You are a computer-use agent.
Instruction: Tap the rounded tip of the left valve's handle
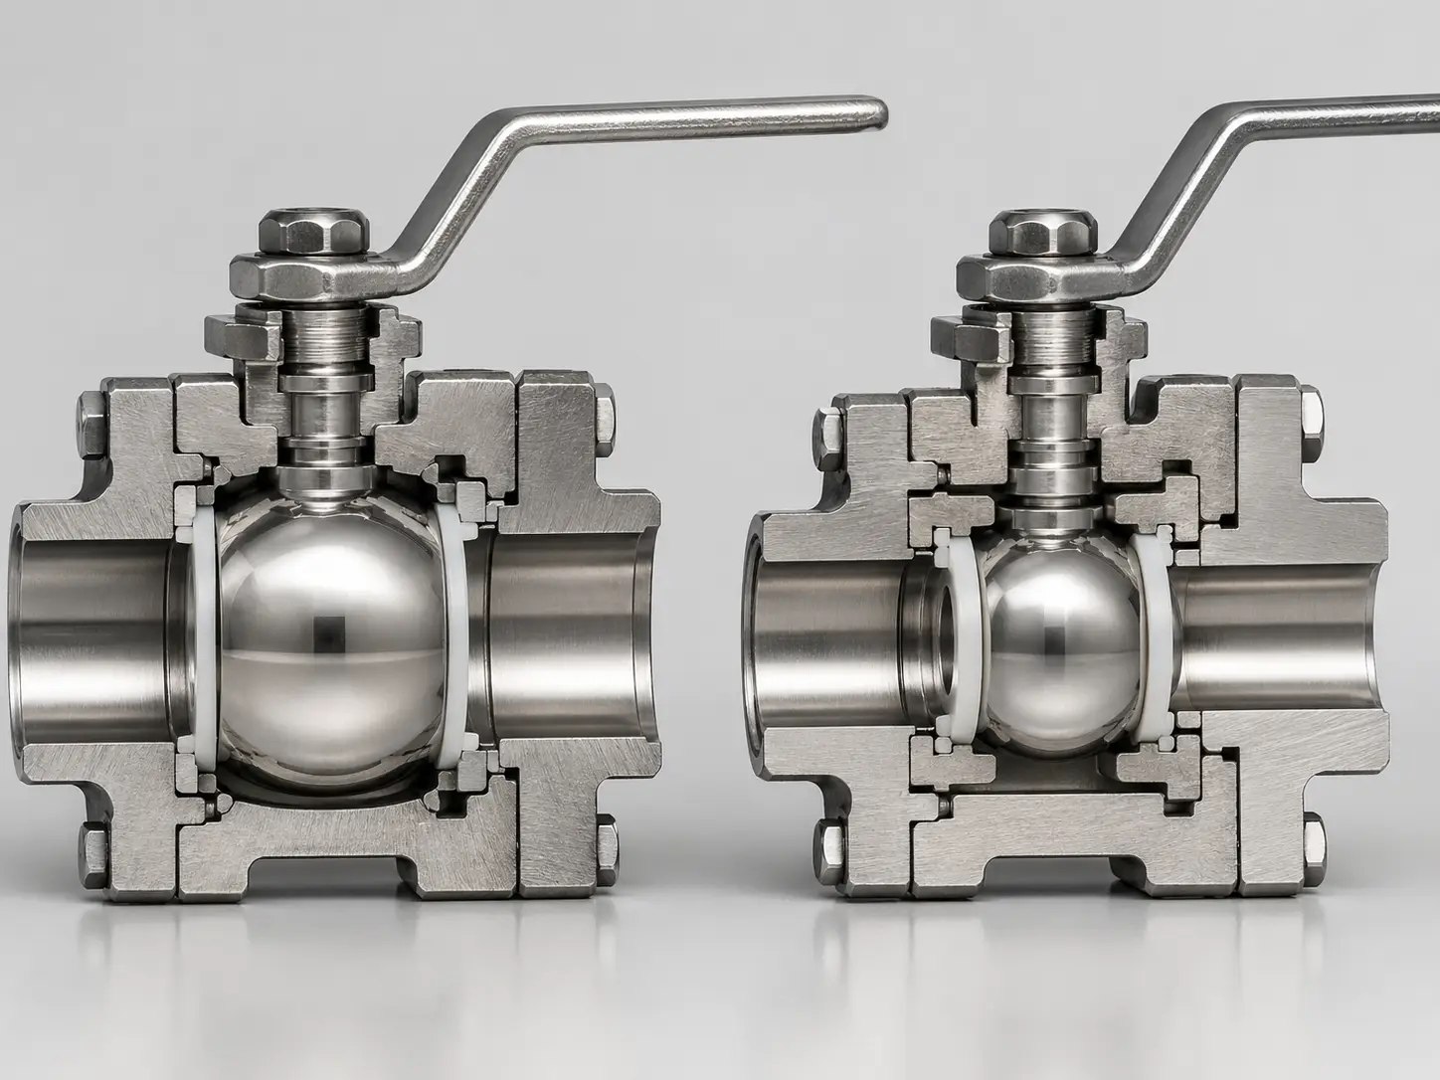[871, 112]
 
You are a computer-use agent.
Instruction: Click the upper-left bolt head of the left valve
[91, 422]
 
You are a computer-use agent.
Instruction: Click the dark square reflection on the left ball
[328, 630]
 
